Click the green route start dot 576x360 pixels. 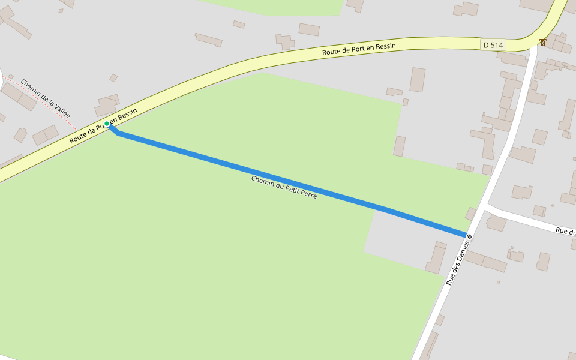click(107, 124)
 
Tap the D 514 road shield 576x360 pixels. click(493, 44)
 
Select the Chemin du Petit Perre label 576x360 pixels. click(284, 187)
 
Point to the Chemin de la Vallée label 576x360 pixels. click(45, 98)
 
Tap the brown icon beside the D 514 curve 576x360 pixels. click(542, 42)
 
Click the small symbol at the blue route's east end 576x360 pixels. click(469, 236)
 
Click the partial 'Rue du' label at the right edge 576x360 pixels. click(565, 231)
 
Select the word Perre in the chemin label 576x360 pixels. click(307, 194)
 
